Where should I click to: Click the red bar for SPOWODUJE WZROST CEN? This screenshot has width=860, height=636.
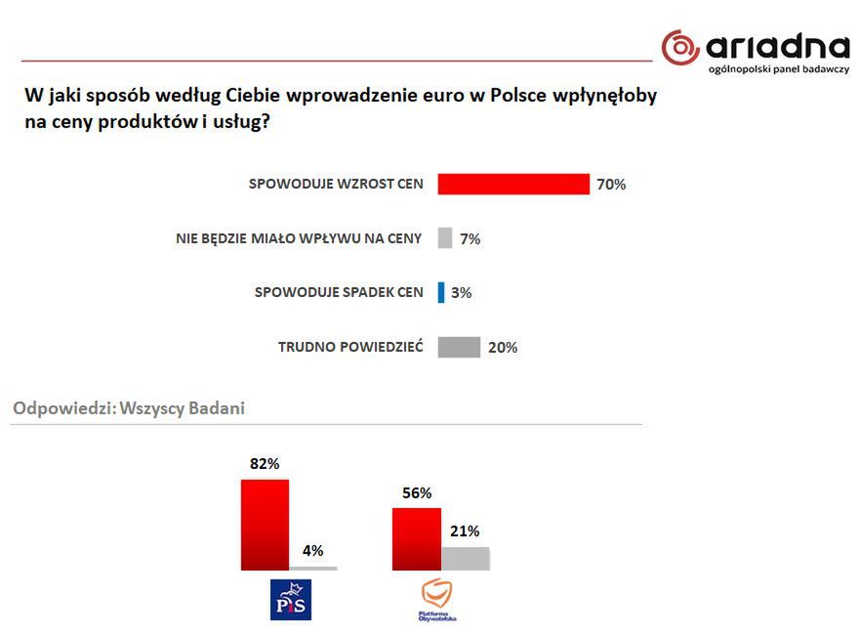pos(513,184)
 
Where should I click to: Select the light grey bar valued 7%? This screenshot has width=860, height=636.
pos(445,237)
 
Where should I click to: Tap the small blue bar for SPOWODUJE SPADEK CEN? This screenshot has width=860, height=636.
pos(441,291)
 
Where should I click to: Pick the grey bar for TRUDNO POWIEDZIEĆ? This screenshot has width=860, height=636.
pos(459,347)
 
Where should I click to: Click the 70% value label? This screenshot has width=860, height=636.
pos(611,185)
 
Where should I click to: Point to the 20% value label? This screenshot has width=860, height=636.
pos(503,347)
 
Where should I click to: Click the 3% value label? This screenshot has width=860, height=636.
pos(462,292)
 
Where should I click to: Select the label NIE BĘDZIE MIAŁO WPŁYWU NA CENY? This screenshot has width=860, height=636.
pos(299,238)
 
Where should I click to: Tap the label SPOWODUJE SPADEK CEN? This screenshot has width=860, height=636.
pos(339,292)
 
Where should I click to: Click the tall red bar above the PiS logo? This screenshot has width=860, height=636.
pos(265,524)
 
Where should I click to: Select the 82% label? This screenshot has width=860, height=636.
pos(264,464)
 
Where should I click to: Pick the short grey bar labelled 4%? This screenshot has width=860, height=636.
pos(313,568)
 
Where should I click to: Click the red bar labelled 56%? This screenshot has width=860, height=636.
pos(416,538)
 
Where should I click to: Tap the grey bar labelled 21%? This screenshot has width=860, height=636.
pos(466,558)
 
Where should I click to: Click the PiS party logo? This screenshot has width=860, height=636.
pos(290,599)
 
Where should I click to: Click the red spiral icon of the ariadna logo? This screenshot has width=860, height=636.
pos(680,47)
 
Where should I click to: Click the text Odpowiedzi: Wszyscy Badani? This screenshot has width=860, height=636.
pos(128,408)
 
